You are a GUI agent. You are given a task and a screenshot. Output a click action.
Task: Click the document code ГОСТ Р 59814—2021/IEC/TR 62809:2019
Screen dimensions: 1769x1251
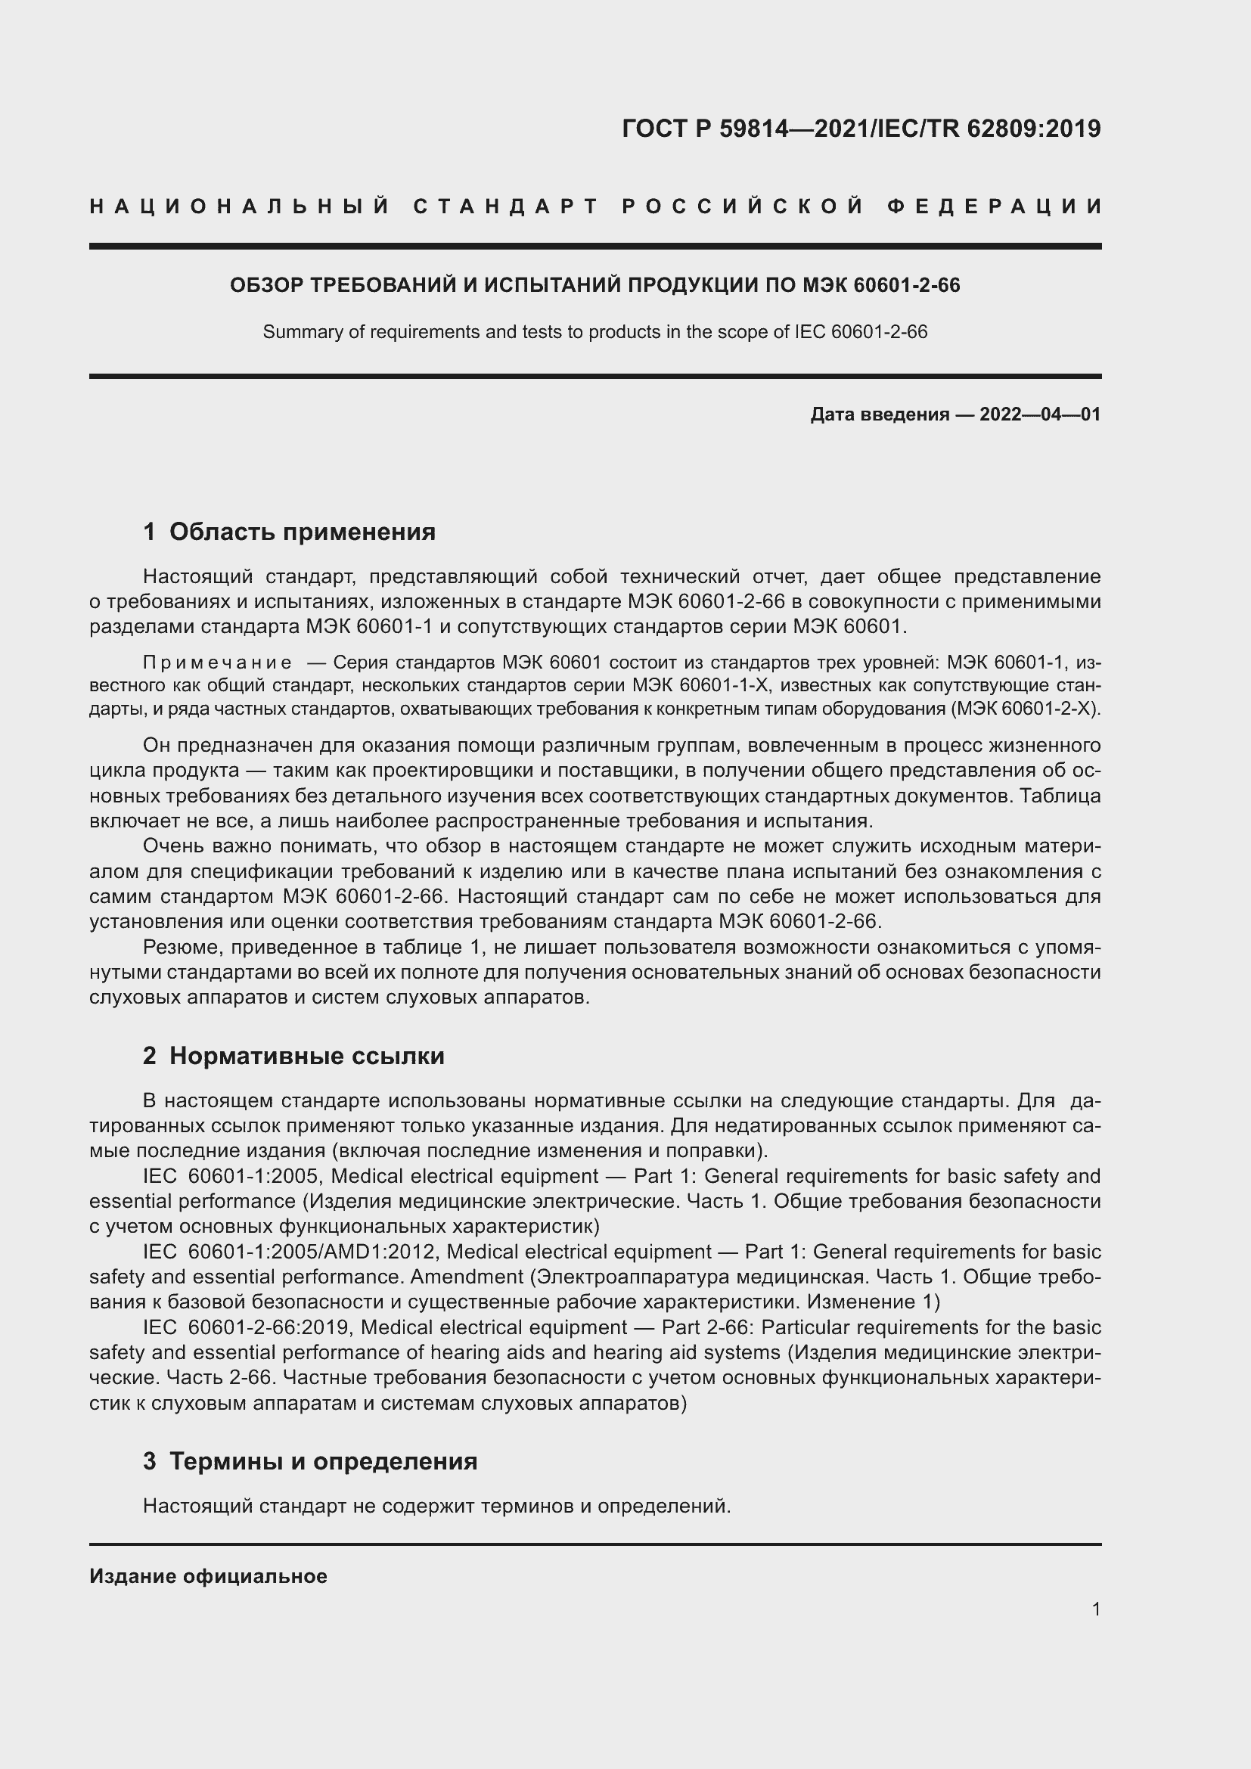(x=861, y=129)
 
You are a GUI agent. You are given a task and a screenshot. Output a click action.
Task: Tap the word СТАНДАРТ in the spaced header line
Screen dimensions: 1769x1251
(x=505, y=206)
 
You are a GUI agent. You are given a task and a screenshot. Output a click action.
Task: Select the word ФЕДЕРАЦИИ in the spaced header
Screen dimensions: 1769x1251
(x=994, y=206)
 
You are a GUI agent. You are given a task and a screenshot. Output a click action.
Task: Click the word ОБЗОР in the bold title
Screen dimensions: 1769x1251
(x=266, y=286)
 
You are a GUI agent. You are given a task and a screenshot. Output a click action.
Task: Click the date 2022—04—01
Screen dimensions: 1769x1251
(x=1039, y=414)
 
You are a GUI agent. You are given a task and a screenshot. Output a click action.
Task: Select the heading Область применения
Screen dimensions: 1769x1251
(x=302, y=532)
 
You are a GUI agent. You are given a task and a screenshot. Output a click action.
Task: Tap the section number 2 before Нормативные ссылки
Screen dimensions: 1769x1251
(x=150, y=1056)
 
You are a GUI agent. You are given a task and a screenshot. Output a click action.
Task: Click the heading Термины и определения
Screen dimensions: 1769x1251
(x=323, y=1461)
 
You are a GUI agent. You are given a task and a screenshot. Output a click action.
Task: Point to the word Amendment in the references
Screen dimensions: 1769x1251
(x=466, y=1277)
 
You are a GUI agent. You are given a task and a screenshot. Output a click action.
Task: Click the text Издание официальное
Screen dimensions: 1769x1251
(x=208, y=1576)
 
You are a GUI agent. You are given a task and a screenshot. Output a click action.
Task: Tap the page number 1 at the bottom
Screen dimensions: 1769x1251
(x=1095, y=1609)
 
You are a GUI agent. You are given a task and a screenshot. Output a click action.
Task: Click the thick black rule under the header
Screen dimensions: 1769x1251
(x=594, y=247)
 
